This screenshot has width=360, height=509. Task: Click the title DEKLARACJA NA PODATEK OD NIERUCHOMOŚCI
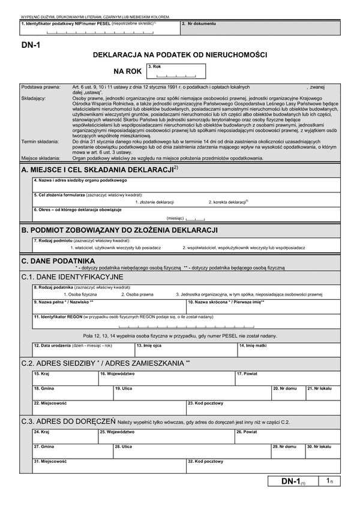click(x=180, y=55)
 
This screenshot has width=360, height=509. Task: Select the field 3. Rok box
click(x=176, y=72)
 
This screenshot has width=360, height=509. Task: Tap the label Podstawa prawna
click(x=37, y=88)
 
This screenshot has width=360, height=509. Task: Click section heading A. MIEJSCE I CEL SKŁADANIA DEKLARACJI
click(x=99, y=170)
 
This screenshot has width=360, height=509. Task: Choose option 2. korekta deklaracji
click(x=228, y=201)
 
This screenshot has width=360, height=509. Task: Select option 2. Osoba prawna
click(x=137, y=294)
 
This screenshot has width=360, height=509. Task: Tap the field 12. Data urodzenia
click(x=82, y=349)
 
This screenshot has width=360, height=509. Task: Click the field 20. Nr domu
click(x=288, y=393)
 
